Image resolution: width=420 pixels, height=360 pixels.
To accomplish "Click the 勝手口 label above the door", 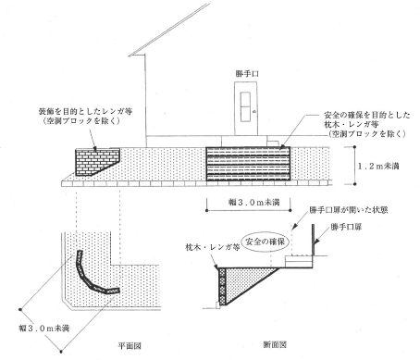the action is [247, 74].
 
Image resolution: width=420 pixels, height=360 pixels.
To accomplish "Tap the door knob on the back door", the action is [254, 111].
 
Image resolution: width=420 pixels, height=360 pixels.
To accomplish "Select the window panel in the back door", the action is [246, 106].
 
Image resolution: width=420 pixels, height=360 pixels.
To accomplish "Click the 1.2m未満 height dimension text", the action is [378, 166].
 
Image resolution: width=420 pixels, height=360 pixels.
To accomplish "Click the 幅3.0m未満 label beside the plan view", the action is [43, 329].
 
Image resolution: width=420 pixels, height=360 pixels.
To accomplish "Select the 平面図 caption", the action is [130, 346].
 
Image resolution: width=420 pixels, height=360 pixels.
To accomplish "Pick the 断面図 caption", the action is [275, 344].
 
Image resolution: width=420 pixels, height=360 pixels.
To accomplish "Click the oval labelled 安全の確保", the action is [266, 242].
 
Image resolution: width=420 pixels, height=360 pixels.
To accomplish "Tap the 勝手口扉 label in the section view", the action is [346, 227].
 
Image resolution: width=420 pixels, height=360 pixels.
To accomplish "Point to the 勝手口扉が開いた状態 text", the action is [348, 210].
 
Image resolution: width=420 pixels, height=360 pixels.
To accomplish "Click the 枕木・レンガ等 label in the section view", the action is [213, 247].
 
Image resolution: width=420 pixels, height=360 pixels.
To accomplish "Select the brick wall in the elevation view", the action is [95, 160].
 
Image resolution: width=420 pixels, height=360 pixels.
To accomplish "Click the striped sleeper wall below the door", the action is [248, 164].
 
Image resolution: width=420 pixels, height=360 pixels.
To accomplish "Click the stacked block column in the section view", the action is [222, 286].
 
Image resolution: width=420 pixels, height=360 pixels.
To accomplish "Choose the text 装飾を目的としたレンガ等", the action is [85, 111].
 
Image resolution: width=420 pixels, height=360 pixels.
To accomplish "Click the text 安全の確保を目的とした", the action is [367, 116].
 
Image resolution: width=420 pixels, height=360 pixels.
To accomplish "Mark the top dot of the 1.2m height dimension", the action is [355, 147].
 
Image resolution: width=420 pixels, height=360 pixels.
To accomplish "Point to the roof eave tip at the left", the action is [130, 56].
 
